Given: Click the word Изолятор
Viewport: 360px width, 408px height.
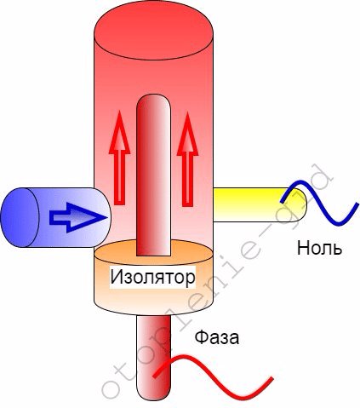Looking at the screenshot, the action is click(x=152, y=277).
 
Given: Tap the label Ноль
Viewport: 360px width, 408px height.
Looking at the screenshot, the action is click(x=319, y=248).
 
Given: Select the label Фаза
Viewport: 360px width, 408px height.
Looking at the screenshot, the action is click(x=217, y=337).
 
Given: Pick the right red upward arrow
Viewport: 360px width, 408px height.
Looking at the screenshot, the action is click(x=187, y=159).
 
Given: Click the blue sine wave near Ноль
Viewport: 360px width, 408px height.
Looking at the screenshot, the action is click(x=319, y=203).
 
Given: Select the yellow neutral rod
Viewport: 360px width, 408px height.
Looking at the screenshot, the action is click(x=260, y=204).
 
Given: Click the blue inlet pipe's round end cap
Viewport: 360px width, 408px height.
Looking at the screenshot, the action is click(x=20, y=217).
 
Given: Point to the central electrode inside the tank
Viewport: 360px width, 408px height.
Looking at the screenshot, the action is click(x=153, y=175).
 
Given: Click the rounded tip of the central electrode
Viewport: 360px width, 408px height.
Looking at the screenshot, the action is click(x=153, y=102).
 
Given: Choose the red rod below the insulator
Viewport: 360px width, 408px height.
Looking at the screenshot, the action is click(x=153, y=356).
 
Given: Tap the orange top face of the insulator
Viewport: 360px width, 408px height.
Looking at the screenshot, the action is click(x=153, y=252).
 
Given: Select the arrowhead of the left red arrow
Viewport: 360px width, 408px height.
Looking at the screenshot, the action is click(x=119, y=132).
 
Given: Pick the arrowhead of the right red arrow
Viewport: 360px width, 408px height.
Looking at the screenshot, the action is click(x=187, y=134).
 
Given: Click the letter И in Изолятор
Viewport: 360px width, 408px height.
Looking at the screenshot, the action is click(x=117, y=277).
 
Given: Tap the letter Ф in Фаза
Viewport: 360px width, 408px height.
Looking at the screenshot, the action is click(x=201, y=337).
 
